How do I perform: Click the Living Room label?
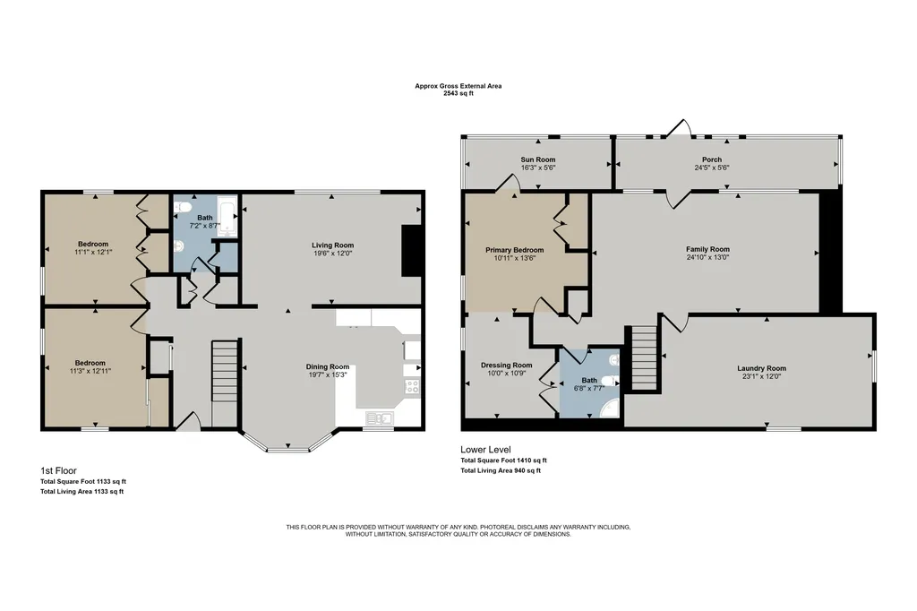click(332, 245)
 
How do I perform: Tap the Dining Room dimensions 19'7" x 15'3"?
click(327, 374)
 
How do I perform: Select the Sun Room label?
click(538, 159)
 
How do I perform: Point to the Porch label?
click(712, 159)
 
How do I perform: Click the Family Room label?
click(707, 249)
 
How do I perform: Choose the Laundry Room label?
click(761, 368)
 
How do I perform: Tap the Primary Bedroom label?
click(515, 250)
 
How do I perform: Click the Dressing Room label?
click(507, 366)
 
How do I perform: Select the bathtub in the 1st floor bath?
click(227, 216)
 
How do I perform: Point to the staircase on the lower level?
click(645, 357)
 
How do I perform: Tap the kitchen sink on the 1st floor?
click(380, 417)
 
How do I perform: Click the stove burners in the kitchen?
click(412, 386)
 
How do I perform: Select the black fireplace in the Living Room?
click(411, 250)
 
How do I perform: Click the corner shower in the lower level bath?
click(610, 408)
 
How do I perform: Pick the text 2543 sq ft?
click(458, 93)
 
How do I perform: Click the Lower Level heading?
click(485, 450)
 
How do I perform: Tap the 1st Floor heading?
click(58, 470)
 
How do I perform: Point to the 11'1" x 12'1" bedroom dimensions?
click(93, 252)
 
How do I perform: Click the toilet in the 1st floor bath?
click(182, 207)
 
